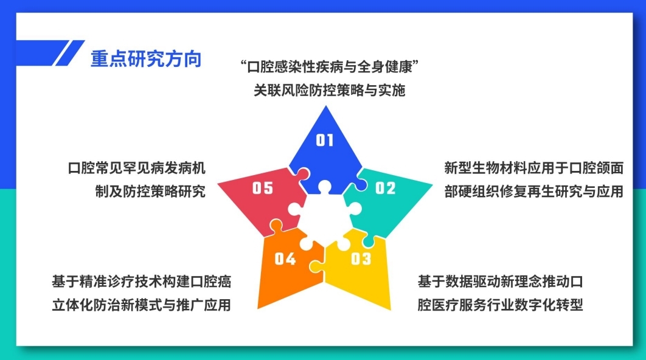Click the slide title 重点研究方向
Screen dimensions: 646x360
pos(146,59)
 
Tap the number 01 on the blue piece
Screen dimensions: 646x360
pos(325,140)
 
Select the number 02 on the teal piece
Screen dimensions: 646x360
pos(385,189)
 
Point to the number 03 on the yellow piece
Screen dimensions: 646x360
pos(361,258)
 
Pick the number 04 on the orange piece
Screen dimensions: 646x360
pos(285,258)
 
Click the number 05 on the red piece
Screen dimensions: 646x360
pos(262,189)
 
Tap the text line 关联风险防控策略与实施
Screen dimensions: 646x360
pos(330,90)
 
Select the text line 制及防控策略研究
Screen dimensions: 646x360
pos(150,191)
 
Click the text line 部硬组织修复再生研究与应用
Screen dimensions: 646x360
pos(533,191)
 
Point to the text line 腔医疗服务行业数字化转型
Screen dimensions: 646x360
pos(500,305)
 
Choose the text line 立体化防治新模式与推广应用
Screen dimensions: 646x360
pos(141,305)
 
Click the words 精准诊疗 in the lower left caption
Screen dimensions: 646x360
pos(106,282)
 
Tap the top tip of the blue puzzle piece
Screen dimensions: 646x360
pos(326,106)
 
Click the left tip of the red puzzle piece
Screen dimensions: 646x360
pos(218,184)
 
